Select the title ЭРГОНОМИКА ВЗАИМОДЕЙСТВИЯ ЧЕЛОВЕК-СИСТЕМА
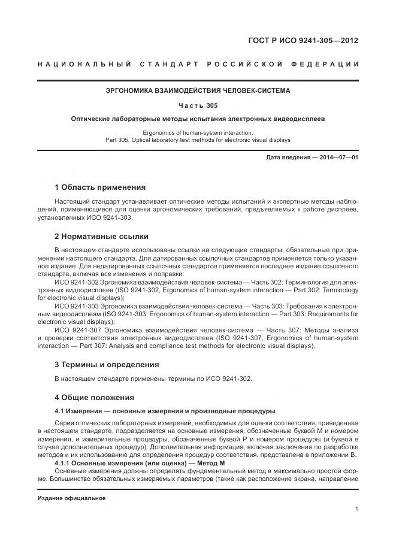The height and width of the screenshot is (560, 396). tap(197, 91)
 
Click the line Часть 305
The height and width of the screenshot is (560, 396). tap(197, 105)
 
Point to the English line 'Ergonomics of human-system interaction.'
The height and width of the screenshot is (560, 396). tap(197, 132)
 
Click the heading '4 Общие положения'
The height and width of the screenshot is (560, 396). tap(94, 397)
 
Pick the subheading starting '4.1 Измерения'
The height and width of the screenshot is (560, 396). tap(165, 411)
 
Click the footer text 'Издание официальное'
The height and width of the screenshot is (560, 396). tap(71, 498)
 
